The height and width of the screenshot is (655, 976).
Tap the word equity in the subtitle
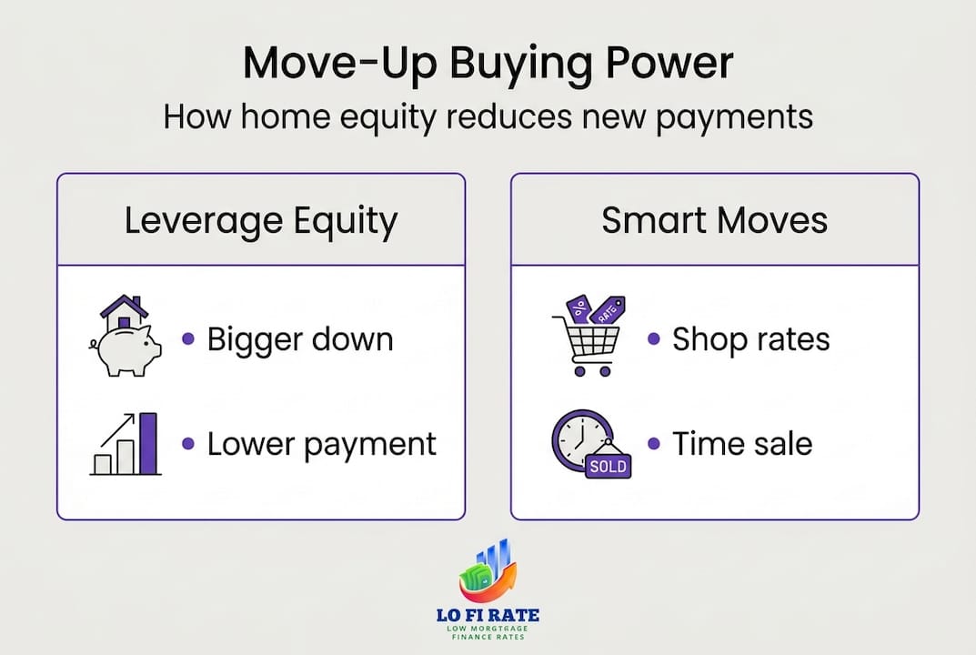click(x=387, y=117)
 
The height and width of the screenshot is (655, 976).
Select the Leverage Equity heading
click(x=261, y=221)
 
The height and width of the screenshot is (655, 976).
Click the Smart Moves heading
click(x=715, y=220)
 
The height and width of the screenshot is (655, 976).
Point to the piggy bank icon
click(x=127, y=350)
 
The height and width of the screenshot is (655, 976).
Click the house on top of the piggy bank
click(x=125, y=313)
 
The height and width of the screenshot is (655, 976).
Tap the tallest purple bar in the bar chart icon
click(x=148, y=443)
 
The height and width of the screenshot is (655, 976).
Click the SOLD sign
click(x=608, y=465)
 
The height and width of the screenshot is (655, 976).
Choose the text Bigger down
click(x=300, y=340)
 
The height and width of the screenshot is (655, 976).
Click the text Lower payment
click(x=322, y=445)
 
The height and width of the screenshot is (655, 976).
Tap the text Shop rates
click(x=750, y=340)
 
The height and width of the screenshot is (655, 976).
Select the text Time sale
click(x=742, y=445)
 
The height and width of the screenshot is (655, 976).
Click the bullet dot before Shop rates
click(x=654, y=338)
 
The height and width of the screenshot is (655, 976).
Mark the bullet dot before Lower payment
click(x=188, y=444)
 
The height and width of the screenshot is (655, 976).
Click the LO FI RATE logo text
click(x=488, y=615)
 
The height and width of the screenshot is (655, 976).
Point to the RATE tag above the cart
click(x=607, y=310)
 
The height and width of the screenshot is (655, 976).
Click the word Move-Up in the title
click(x=339, y=64)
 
